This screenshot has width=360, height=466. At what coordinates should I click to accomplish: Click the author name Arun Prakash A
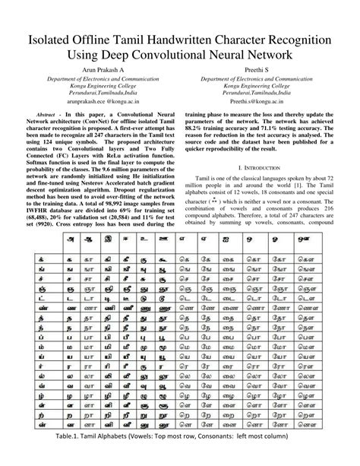point(91,70)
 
